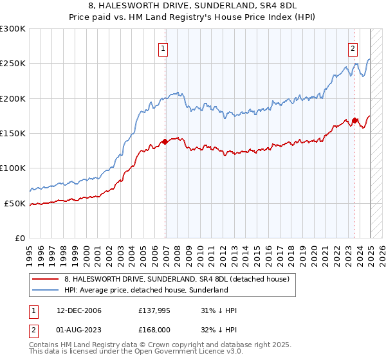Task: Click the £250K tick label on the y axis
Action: [13, 64]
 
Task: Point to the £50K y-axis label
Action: [15, 203]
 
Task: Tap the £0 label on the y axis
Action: [20, 238]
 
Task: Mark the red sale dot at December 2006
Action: [165, 141]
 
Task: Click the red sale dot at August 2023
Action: [354, 120]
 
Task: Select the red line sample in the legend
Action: [46, 279]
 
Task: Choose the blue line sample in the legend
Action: [46, 290]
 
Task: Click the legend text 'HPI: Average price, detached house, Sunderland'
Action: [147, 290]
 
